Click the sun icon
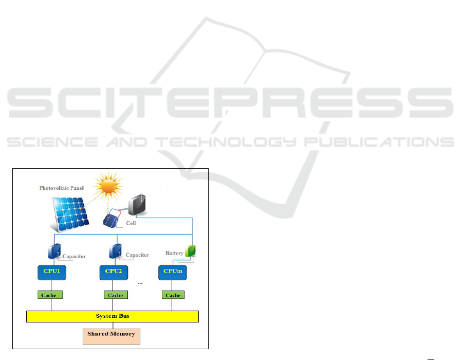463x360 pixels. pyautogui.click(x=109, y=189)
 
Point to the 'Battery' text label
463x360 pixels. pyautogui.click(x=174, y=253)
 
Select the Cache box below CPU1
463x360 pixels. pyautogui.click(x=50, y=295)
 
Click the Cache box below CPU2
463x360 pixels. pyautogui.click(x=116, y=295)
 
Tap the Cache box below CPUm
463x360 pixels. pyautogui.click(x=173, y=295)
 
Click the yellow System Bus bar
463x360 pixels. pyautogui.click(x=113, y=316)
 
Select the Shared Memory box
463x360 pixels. pyautogui.click(x=111, y=334)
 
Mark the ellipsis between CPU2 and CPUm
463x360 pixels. pyautogui.click(x=140, y=283)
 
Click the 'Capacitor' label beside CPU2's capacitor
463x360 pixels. pyautogui.click(x=137, y=255)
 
